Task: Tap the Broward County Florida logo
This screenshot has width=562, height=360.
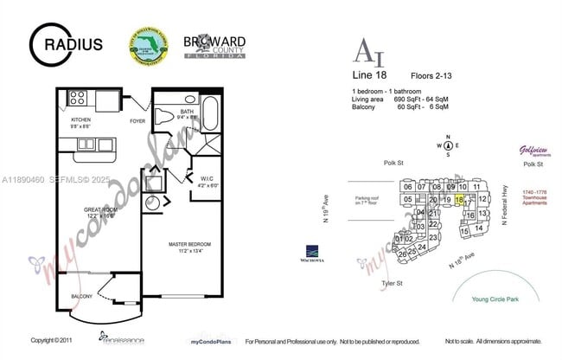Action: [x=214, y=45]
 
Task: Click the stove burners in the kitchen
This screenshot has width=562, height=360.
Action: [x=78, y=97]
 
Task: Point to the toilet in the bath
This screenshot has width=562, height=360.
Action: [x=165, y=115]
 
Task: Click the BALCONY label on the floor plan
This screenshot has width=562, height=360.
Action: [x=81, y=296]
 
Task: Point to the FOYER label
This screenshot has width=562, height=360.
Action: [x=138, y=122]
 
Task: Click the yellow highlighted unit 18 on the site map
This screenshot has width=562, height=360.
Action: [x=459, y=199]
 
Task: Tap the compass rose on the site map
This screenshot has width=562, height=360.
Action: [x=449, y=145]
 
